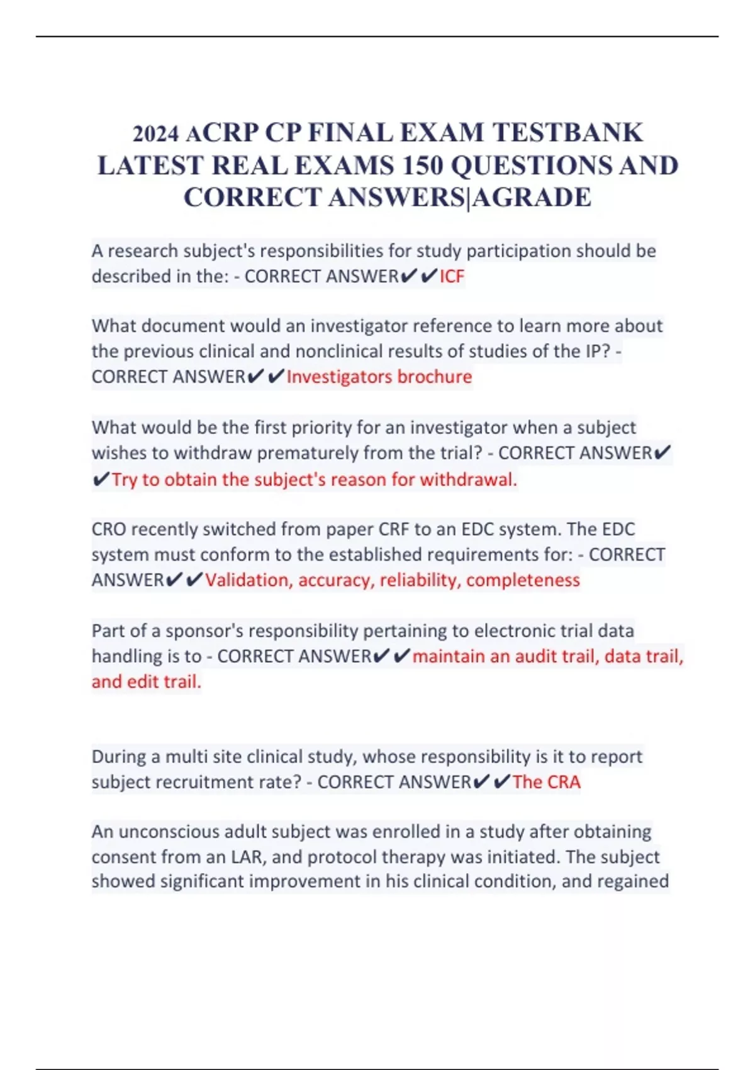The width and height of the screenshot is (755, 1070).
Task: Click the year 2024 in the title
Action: [x=155, y=134]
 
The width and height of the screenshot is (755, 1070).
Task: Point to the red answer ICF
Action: [x=452, y=276]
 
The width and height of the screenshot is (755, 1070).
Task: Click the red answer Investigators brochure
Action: [x=379, y=376]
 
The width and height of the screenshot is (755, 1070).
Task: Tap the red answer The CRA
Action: [x=546, y=782]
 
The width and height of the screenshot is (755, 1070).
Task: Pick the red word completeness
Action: [x=523, y=580]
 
